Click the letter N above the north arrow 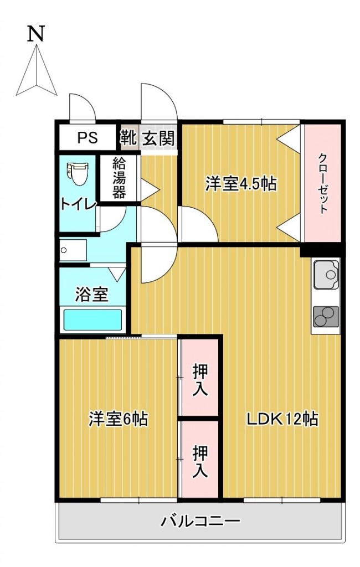point(36,34)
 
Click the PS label point(87,137)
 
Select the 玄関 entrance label point(158,138)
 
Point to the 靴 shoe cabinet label point(128,137)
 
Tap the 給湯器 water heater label point(119,178)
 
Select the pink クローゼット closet point(322,183)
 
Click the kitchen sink point(326,275)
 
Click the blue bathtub point(92,320)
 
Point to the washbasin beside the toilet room point(73,250)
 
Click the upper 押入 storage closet point(200,379)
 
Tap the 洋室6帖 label point(118,419)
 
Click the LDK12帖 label point(282,419)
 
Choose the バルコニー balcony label point(200,521)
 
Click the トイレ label point(78,204)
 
